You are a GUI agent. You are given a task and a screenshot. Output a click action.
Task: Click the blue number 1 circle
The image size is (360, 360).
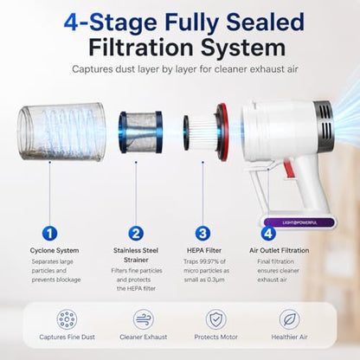(49, 233)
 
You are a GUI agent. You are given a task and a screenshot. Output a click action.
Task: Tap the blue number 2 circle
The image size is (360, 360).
(136, 233)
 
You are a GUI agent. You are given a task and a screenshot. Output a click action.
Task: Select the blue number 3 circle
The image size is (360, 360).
(202, 233)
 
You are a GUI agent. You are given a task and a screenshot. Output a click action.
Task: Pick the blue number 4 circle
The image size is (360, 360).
(268, 233)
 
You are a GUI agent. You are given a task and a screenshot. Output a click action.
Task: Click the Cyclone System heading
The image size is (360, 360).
(55, 250)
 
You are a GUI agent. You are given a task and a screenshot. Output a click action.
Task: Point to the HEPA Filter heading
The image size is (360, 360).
(204, 250)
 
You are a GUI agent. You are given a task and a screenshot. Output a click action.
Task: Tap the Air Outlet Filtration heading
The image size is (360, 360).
(280, 250)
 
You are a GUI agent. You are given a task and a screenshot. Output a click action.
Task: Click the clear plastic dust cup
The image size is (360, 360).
(61, 132)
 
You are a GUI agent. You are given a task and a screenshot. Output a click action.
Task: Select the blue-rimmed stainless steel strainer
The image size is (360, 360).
(140, 132)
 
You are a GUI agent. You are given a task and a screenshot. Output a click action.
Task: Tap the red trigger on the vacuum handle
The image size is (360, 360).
(289, 168)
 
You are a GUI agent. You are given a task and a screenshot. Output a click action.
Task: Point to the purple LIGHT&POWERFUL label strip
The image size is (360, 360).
(299, 222)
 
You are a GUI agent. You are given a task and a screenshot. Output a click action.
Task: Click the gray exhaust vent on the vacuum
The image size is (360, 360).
(323, 123)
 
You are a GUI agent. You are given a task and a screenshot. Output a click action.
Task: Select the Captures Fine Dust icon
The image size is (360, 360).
(67, 319)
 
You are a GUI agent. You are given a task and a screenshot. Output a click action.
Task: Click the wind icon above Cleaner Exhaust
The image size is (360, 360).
(144, 319)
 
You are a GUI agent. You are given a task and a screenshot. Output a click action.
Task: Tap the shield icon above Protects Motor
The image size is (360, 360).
(215, 319)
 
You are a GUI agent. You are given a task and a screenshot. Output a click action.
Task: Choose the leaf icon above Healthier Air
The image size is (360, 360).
(289, 319)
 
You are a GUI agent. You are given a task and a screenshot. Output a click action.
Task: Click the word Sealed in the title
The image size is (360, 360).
(266, 22)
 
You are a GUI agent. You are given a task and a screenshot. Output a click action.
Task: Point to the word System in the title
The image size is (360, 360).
(243, 48)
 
